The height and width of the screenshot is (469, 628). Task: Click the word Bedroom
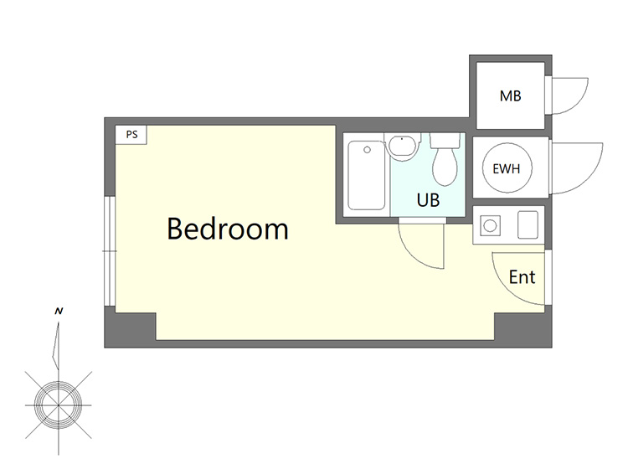pos(228,229)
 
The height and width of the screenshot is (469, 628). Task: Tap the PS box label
pos(131,135)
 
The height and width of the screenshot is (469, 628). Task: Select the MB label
pos(510,96)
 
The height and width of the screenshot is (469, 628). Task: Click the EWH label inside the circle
pos(507,169)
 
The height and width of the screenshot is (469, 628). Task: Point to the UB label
pos(428,200)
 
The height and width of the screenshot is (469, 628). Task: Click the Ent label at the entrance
pos(522,277)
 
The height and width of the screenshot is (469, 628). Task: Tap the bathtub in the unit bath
pos(367,175)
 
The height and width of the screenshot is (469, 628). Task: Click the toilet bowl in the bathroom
pos(445,167)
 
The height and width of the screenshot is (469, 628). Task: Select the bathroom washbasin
pos(402,147)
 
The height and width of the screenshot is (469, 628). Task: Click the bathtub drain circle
pos(367,150)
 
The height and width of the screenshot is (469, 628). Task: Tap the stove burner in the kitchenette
pos(490,225)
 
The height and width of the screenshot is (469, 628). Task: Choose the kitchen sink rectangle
pos(528,224)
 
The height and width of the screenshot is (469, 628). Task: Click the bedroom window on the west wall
pos(110,251)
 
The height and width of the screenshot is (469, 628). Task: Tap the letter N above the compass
pos(59,312)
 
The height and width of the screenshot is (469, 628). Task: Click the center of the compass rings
pos(59,405)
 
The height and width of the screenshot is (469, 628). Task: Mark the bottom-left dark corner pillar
pos(130,327)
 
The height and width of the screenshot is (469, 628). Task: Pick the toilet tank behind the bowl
pos(445,141)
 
